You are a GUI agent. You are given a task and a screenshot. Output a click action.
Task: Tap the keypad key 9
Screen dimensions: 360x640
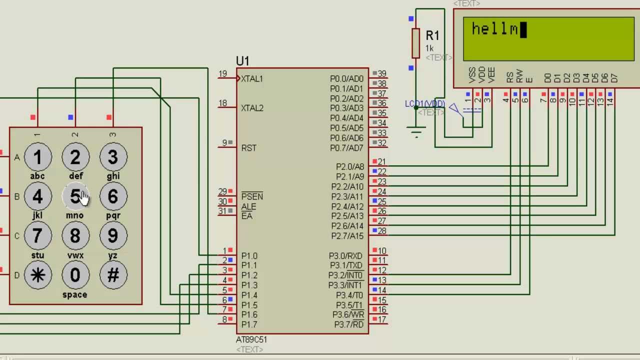click(x=113, y=236)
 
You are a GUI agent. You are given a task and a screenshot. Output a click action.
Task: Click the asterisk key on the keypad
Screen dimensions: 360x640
click(x=37, y=275)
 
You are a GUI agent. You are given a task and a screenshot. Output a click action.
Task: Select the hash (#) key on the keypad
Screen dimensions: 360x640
click(x=113, y=275)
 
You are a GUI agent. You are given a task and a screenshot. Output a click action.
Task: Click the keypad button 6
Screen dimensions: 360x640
click(x=113, y=196)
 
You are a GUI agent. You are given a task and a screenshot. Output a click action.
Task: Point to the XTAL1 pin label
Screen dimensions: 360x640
click(x=251, y=79)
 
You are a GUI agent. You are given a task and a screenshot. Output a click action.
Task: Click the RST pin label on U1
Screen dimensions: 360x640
click(x=248, y=148)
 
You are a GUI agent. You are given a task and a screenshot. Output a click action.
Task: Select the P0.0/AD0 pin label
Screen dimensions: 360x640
click(x=346, y=79)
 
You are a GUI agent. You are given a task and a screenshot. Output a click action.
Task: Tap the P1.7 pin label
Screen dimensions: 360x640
click(x=249, y=325)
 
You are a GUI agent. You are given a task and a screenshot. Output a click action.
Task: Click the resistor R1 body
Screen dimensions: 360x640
click(x=415, y=43)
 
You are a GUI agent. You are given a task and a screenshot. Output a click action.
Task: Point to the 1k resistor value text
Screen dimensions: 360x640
click(x=429, y=48)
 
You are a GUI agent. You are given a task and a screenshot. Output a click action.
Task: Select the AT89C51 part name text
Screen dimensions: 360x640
click(x=251, y=339)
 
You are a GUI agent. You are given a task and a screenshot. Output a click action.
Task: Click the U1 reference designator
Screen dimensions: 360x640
click(x=242, y=61)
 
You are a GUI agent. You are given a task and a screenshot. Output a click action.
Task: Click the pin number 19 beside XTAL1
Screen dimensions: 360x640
click(x=222, y=74)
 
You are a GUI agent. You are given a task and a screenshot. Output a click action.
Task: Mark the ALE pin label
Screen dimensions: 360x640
click(x=248, y=206)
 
